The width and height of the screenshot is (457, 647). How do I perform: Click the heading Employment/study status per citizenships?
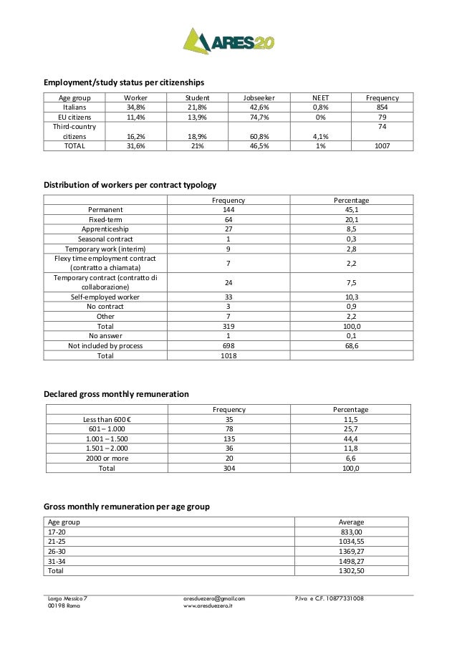pos(124,82)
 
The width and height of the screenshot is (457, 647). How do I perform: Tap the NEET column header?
pos(321,97)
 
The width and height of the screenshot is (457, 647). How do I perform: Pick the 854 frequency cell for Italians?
pos(382,107)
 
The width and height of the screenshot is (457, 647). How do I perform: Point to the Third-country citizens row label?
pos(74,131)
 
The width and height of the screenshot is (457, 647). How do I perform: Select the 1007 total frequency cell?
pos(382,145)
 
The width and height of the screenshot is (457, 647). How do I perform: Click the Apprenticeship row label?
pos(105,229)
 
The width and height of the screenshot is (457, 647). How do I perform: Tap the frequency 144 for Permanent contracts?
pos(228,210)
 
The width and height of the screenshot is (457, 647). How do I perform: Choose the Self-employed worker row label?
pos(105,297)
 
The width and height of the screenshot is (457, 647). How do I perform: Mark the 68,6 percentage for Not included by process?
pos(351,345)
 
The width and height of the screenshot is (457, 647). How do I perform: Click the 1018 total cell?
pos(228,355)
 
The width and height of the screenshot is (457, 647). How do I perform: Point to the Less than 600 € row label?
pos(105,419)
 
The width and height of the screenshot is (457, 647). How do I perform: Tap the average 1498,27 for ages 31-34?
pos(351,562)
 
